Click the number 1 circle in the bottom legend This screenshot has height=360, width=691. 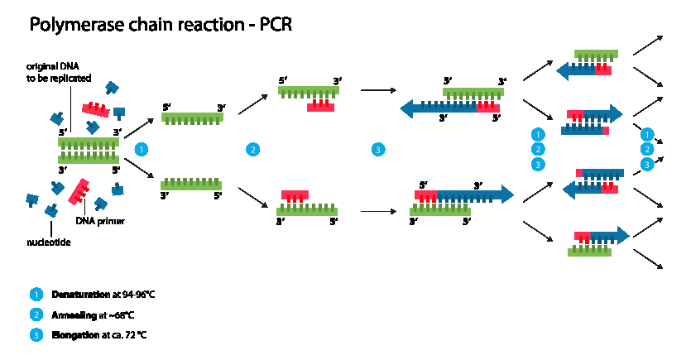pos(36,294)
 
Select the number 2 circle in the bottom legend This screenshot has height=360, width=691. pos(36,314)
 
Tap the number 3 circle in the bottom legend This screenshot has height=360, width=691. pos(36,335)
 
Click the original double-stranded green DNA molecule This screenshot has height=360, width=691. pos(89,151)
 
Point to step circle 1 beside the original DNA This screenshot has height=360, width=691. pos(142,149)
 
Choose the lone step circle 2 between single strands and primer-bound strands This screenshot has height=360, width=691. pos(252,149)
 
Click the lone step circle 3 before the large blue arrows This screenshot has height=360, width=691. pos(378,149)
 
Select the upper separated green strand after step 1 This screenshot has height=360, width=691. pos(192,118)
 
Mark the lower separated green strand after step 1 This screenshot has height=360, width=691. pos(191,185)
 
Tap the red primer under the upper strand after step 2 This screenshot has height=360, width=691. pos(320,107)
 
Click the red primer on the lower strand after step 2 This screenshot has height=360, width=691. pos(295,195)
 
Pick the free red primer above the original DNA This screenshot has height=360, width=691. pos(95,109)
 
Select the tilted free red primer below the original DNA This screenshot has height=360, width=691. pos(79,191)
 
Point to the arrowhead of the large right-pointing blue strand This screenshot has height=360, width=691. pos(506,194)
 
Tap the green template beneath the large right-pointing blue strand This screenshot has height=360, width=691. pos(440,211)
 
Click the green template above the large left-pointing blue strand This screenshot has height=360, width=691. pos(473,92)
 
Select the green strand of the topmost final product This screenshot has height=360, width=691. pos(596,54)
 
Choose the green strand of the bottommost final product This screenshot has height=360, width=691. pos(589,252)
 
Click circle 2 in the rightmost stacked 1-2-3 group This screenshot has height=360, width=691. pos(647,149)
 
